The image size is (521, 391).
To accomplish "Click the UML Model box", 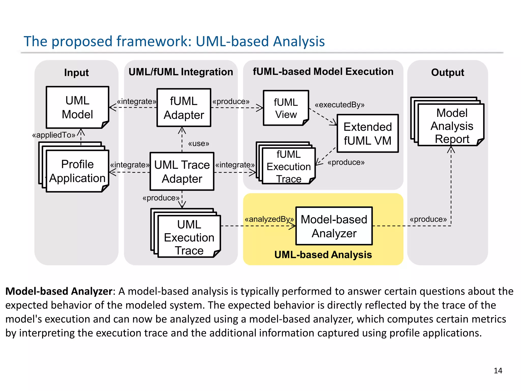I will click(x=77, y=107).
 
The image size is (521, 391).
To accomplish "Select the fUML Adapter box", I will click(x=184, y=108).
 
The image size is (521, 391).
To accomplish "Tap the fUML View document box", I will click(x=286, y=108).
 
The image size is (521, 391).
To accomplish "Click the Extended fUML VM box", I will click(x=368, y=134).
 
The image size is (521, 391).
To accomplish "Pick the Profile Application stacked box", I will click(x=77, y=171).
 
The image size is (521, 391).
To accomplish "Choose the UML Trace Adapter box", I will click(x=182, y=172).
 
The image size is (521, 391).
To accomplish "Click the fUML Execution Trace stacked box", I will click(x=288, y=166).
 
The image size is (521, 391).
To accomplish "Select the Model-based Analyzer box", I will click(x=334, y=226).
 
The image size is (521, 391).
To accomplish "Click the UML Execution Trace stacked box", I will click(x=189, y=237).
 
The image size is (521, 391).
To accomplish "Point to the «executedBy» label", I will click(x=340, y=105).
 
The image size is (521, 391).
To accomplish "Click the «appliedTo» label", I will click(x=54, y=135).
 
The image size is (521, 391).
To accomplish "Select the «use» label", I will click(x=199, y=144).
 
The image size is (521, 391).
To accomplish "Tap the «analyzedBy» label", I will click(x=269, y=219).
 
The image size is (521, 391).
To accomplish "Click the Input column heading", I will click(x=76, y=73).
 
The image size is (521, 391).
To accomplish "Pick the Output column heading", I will click(x=447, y=73).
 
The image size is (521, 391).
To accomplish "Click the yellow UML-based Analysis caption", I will click(x=323, y=255).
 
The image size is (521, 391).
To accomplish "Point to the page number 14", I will click(x=498, y=371).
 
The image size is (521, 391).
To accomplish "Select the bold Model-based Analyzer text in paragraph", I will click(x=59, y=291).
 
